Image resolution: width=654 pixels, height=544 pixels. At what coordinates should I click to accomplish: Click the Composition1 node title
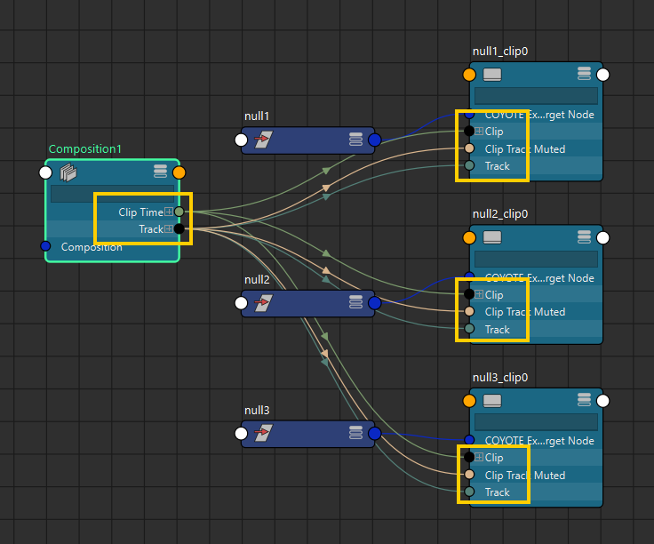pyautogui.click(x=85, y=149)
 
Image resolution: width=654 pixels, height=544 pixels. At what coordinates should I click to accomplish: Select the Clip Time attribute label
pyautogui.click(x=140, y=212)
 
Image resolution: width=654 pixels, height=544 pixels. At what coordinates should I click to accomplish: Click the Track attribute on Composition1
pyautogui.click(x=150, y=229)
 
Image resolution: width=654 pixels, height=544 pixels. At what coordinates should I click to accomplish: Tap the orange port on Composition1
pyautogui.click(x=179, y=172)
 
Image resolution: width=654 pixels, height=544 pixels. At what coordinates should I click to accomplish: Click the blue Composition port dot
pyautogui.click(x=46, y=246)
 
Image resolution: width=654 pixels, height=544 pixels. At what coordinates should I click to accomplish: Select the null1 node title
pyautogui.click(x=257, y=117)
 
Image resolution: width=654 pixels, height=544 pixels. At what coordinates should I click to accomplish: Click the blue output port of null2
pyautogui.click(x=374, y=303)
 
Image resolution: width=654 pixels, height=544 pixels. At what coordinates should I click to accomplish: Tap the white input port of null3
pyautogui.click(x=241, y=433)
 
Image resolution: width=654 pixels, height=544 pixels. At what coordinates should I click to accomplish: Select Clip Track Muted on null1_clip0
pyautogui.click(x=525, y=148)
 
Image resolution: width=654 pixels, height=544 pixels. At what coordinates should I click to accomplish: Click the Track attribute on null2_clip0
pyautogui.click(x=498, y=329)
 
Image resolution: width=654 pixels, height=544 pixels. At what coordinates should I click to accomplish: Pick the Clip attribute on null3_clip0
pyautogui.click(x=494, y=458)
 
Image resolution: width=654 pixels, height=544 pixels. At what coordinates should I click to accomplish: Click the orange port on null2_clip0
pyautogui.click(x=470, y=237)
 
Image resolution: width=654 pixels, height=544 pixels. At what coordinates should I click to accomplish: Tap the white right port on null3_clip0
pyautogui.click(x=602, y=401)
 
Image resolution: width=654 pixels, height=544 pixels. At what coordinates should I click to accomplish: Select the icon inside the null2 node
pyautogui.click(x=263, y=303)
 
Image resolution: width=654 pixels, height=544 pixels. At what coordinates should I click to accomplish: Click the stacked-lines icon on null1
pyautogui.click(x=355, y=140)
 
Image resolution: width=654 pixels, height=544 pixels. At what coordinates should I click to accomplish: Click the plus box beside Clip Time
pyautogui.click(x=168, y=212)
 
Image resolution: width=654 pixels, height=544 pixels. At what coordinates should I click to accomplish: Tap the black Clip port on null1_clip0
pyautogui.click(x=469, y=132)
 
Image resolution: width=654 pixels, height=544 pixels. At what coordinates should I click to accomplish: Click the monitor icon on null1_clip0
pyautogui.click(x=492, y=74)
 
